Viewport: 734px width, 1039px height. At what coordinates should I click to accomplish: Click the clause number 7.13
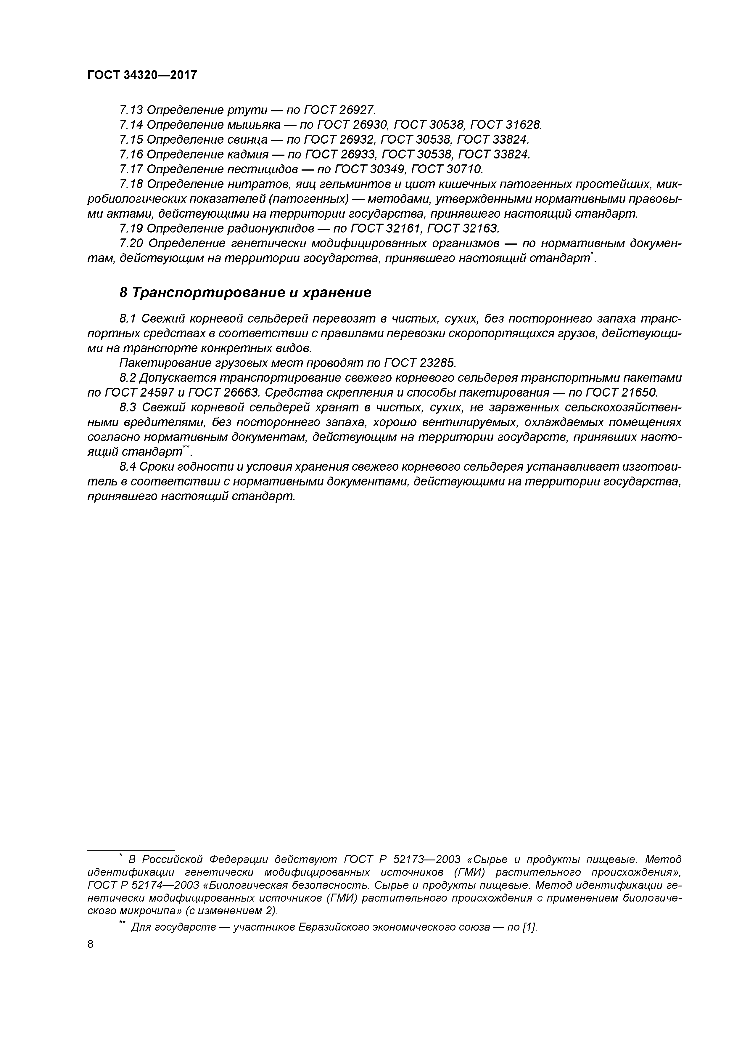[x=131, y=110]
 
